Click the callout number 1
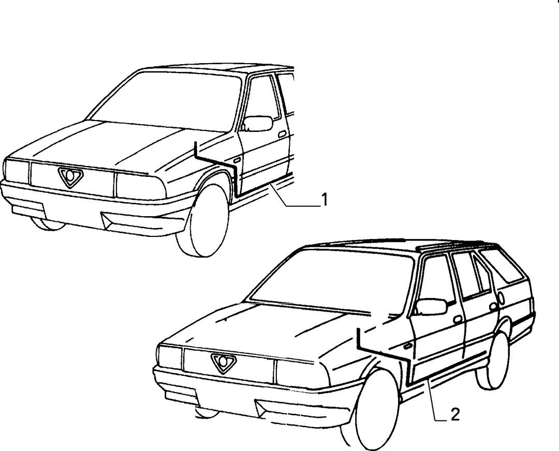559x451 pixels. coord(324,200)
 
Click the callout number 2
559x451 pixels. coord(455,415)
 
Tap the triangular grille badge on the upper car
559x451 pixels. coord(70,177)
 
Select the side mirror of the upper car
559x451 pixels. coord(258,123)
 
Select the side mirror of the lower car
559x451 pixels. coord(431,307)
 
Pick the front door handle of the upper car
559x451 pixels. coord(283,134)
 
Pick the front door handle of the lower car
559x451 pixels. coord(458,319)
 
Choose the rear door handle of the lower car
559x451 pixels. coord(493,306)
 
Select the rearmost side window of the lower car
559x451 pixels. coord(502,265)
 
